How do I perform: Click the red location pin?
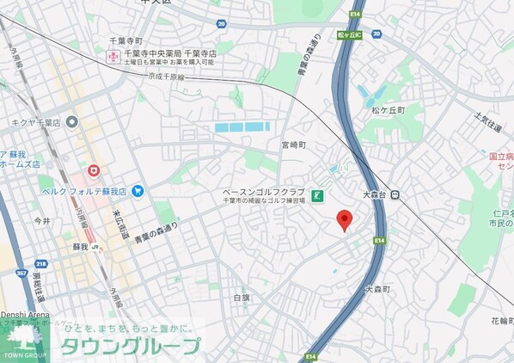tap(344, 219)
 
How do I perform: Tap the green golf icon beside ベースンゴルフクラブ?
tap(317, 196)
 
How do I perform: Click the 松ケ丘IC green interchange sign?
tap(348, 35)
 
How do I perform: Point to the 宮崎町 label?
tap(294, 145)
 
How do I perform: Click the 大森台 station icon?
tap(395, 194)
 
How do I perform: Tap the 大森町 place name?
tap(376, 290)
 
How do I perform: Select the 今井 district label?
tap(42, 221)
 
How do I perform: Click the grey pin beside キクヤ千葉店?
tap(71, 122)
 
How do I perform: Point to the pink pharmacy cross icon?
tap(112, 56)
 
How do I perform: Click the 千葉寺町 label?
tap(126, 40)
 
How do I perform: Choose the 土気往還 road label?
tap(486, 126)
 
